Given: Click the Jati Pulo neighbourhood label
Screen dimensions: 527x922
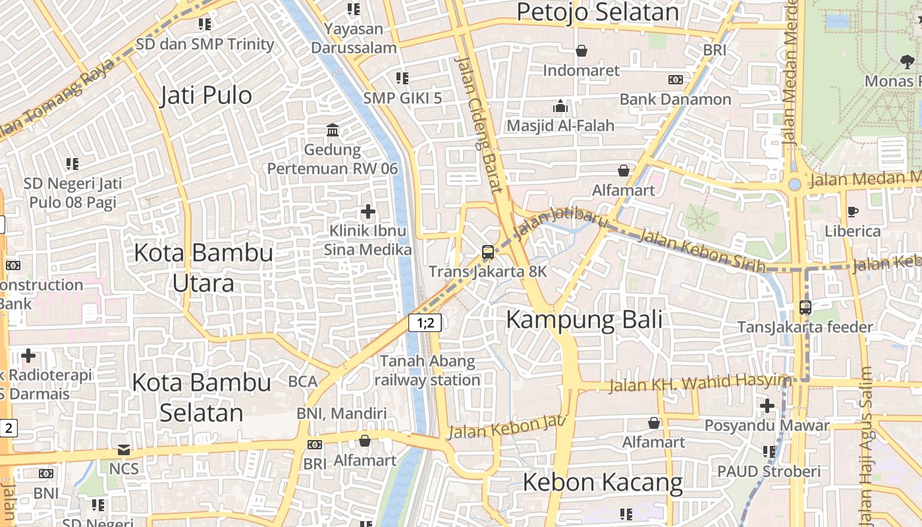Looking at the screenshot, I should pyautogui.click(x=206, y=96).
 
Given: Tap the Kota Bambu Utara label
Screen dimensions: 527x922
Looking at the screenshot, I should pyautogui.click(x=203, y=267).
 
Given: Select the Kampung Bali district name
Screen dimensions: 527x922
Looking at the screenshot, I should pyautogui.click(x=584, y=319).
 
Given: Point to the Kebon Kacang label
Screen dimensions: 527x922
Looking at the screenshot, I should pyautogui.click(x=603, y=482).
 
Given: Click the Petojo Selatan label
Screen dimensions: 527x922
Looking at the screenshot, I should pyautogui.click(x=597, y=13).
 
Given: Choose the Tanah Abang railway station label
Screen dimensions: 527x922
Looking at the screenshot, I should pyautogui.click(x=427, y=370).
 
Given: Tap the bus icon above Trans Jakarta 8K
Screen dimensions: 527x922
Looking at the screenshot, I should pyautogui.click(x=487, y=252).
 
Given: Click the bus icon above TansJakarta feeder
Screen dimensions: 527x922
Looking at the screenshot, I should pyautogui.click(x=805, y=307).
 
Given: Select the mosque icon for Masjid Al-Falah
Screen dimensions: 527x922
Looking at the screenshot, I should pyautogui.click(x=560, y=106).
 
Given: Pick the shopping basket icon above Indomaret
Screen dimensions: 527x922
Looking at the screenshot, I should pyautogui.click(x=582, y=51).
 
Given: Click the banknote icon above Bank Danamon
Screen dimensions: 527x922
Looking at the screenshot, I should pyautogui.click(x=675, y=80).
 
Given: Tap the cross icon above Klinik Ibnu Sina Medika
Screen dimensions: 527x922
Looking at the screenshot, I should pyautogui.click(x=368, y=211).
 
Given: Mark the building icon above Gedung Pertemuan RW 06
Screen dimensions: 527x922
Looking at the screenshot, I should pyautogui.click(x=333, y=130).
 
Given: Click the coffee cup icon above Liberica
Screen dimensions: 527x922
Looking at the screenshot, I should pyautogui.click(x=853, y=211).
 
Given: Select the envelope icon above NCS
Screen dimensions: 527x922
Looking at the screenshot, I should pyautogui.click(x=124, y=450).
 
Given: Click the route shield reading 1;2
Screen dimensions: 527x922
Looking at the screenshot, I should pyautogui.click(x=425, y=323).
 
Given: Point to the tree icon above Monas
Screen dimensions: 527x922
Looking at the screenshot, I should pyautogui.click(x=907, y=62).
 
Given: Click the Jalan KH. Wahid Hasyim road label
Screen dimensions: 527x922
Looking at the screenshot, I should pyautogui.click(x=699, y=383).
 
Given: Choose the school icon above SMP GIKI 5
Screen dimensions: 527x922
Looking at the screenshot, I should pyautogui.click(x=402, y=78).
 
